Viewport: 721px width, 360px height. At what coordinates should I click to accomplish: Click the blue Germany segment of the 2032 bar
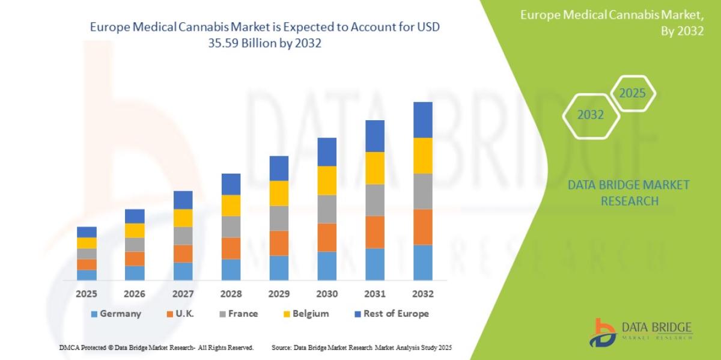click(x=423, y=262)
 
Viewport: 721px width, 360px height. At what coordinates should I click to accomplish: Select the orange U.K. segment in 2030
click(x=327, y=237)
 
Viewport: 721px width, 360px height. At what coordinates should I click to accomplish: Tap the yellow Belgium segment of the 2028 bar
click(x=231, y=205)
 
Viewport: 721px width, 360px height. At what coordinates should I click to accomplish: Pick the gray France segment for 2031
click(x=375, y=200)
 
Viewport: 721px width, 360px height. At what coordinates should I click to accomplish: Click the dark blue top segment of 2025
click(x=87, y=231)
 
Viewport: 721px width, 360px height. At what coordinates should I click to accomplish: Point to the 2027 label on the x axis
click(x=183, y=294)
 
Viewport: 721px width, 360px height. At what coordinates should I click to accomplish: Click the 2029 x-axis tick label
click(x=279, y=294)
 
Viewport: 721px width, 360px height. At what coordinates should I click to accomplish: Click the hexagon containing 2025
click(x=632, y=94)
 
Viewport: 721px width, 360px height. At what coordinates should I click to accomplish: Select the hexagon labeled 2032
click(x=591, y=115)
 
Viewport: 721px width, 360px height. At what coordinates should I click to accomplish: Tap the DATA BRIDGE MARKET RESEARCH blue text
click(x=628, y=193)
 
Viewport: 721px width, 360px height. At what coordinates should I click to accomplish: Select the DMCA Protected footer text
click(x=156, y=348)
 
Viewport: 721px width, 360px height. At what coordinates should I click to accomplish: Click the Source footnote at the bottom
click(x=361, y=348)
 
